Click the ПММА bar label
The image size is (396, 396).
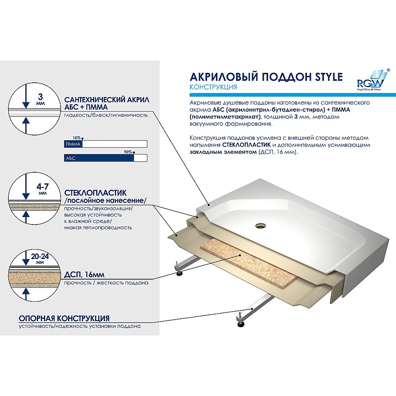click(73, 144)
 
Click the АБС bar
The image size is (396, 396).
click(99, 158)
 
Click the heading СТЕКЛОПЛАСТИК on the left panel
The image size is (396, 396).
click(95, 193)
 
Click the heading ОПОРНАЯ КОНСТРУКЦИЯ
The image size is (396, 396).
click(64, 318)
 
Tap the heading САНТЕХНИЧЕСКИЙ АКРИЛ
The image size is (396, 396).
click(104, 100)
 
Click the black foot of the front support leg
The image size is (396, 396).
click(240, 324)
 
